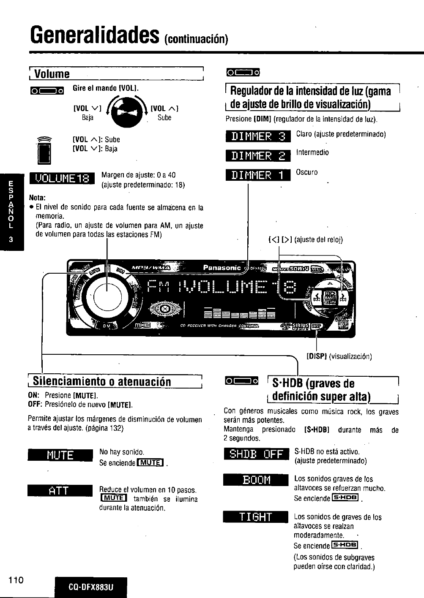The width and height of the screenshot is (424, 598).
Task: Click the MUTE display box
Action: point(60,455)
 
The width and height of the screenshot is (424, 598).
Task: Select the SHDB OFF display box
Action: point(256,455)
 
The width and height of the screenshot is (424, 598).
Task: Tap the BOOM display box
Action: point(256,481)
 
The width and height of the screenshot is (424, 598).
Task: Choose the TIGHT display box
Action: point(256,517)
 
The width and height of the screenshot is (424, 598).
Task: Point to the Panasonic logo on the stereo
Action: point(222,268)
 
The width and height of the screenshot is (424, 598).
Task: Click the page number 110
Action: point(16,578)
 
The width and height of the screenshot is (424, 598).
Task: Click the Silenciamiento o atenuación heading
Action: point(101,381)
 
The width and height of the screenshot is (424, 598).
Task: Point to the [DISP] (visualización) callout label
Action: point(339,356)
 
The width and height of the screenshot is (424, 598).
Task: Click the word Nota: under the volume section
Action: point(37,198)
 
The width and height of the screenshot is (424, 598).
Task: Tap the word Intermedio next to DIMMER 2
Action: point(312,152)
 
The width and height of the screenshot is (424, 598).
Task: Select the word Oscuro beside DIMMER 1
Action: point(307,172)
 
